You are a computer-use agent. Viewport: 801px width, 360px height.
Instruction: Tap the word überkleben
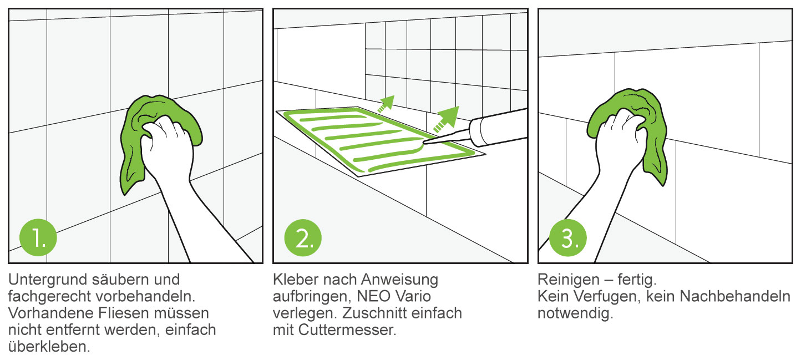coord(50,348)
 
